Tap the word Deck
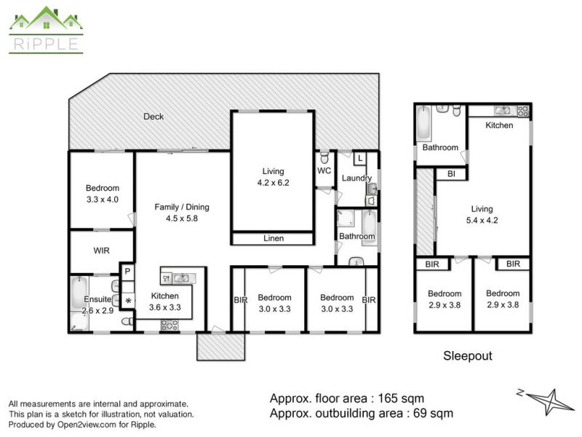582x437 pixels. tap(154, 117)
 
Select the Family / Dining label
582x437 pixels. tap(182, 207)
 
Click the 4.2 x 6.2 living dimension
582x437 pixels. tap(274, 183)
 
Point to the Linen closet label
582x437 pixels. tap(274, 238)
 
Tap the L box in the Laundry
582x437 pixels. tap(360, 159)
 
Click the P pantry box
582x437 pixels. tap(127, 272)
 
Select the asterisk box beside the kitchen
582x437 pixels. tap(128, 301)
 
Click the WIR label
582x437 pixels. tap(101, 251)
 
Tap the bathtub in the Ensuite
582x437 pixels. tap(79, 293)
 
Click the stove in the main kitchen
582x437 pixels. tap(170, 325)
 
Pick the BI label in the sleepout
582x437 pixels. tap(451, 174)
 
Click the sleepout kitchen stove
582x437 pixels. tap(523, 111)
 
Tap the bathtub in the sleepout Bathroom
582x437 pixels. tap(423, 123)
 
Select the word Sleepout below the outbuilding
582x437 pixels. tap(468, 355)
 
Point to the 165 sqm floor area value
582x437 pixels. tap(401, 398)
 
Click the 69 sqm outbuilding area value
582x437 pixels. tap(433, 413)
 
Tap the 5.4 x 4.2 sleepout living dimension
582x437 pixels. tap(482, 221)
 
